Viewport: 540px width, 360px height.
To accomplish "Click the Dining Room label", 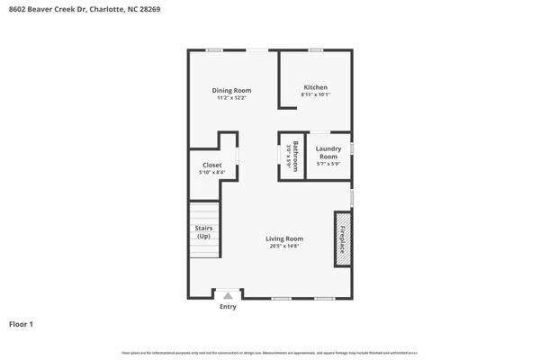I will pos(231,90).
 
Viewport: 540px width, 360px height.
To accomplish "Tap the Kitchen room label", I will pos(315,87).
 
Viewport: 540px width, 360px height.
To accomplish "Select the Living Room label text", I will pos(283,238).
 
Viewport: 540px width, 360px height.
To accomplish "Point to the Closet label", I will pos(212,165).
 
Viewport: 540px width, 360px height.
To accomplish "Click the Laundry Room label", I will pos(328,152).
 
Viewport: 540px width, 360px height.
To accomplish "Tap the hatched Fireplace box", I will pos(343,238).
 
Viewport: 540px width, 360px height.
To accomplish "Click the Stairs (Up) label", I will pos(203,232).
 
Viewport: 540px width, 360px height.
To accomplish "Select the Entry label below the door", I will pos(228,307).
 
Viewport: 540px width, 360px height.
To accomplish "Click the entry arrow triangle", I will pos(228,295).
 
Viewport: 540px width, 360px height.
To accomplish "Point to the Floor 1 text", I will pos(22,323).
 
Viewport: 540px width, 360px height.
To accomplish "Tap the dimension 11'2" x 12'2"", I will pos(231,97).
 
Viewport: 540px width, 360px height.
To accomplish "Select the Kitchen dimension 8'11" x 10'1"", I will pos(315,94).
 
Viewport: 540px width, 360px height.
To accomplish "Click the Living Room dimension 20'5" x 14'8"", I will pos(283,246).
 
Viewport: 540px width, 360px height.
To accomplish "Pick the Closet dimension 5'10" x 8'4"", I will pos(212,172).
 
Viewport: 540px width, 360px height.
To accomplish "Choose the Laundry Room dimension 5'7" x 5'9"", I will pos(328,164).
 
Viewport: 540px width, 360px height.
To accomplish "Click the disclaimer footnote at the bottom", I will pos(270,352).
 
